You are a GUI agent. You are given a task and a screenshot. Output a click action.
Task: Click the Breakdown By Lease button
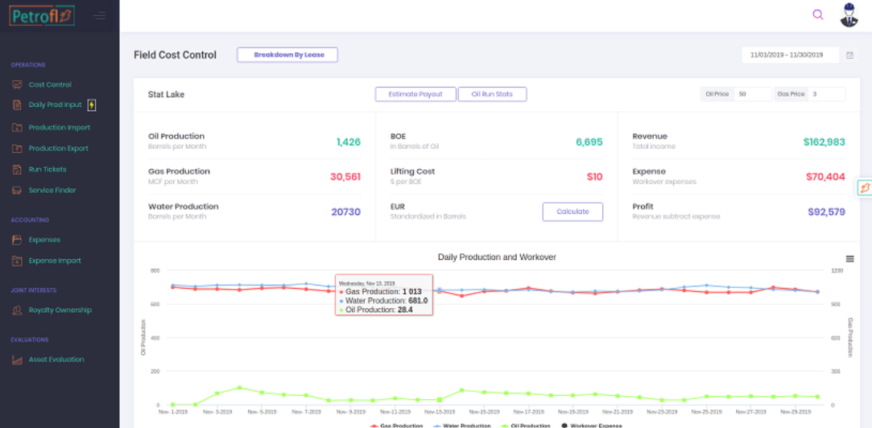point(287,55)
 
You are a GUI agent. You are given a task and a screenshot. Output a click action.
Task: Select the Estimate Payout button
point(415,94)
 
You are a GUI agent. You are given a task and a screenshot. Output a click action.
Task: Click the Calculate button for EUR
point(572,212)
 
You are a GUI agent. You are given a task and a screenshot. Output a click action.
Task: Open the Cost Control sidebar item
point(50,84)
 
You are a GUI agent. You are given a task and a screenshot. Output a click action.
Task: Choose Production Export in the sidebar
point(58,148)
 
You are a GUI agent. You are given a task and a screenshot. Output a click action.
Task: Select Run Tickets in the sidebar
point(48,169)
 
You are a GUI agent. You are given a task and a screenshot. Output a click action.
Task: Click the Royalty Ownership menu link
point(60,310)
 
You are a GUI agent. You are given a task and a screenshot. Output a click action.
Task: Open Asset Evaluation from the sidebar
point(56,360)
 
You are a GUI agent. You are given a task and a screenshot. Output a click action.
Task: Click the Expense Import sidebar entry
point(55,261)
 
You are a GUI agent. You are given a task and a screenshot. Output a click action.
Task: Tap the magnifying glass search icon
point(818,14)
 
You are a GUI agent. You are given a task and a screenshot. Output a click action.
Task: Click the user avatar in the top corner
point(849,14)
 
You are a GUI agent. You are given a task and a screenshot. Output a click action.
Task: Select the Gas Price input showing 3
point(826,94)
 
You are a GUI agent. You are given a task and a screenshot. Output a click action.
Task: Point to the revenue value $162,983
point(824,142)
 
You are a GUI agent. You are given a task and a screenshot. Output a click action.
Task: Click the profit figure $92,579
point(826,212)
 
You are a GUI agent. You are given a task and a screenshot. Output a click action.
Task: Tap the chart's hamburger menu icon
point(849,259)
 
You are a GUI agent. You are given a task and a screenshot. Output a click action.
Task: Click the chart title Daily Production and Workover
point(497,257)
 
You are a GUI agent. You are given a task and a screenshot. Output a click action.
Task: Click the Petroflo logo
point(42,15)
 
